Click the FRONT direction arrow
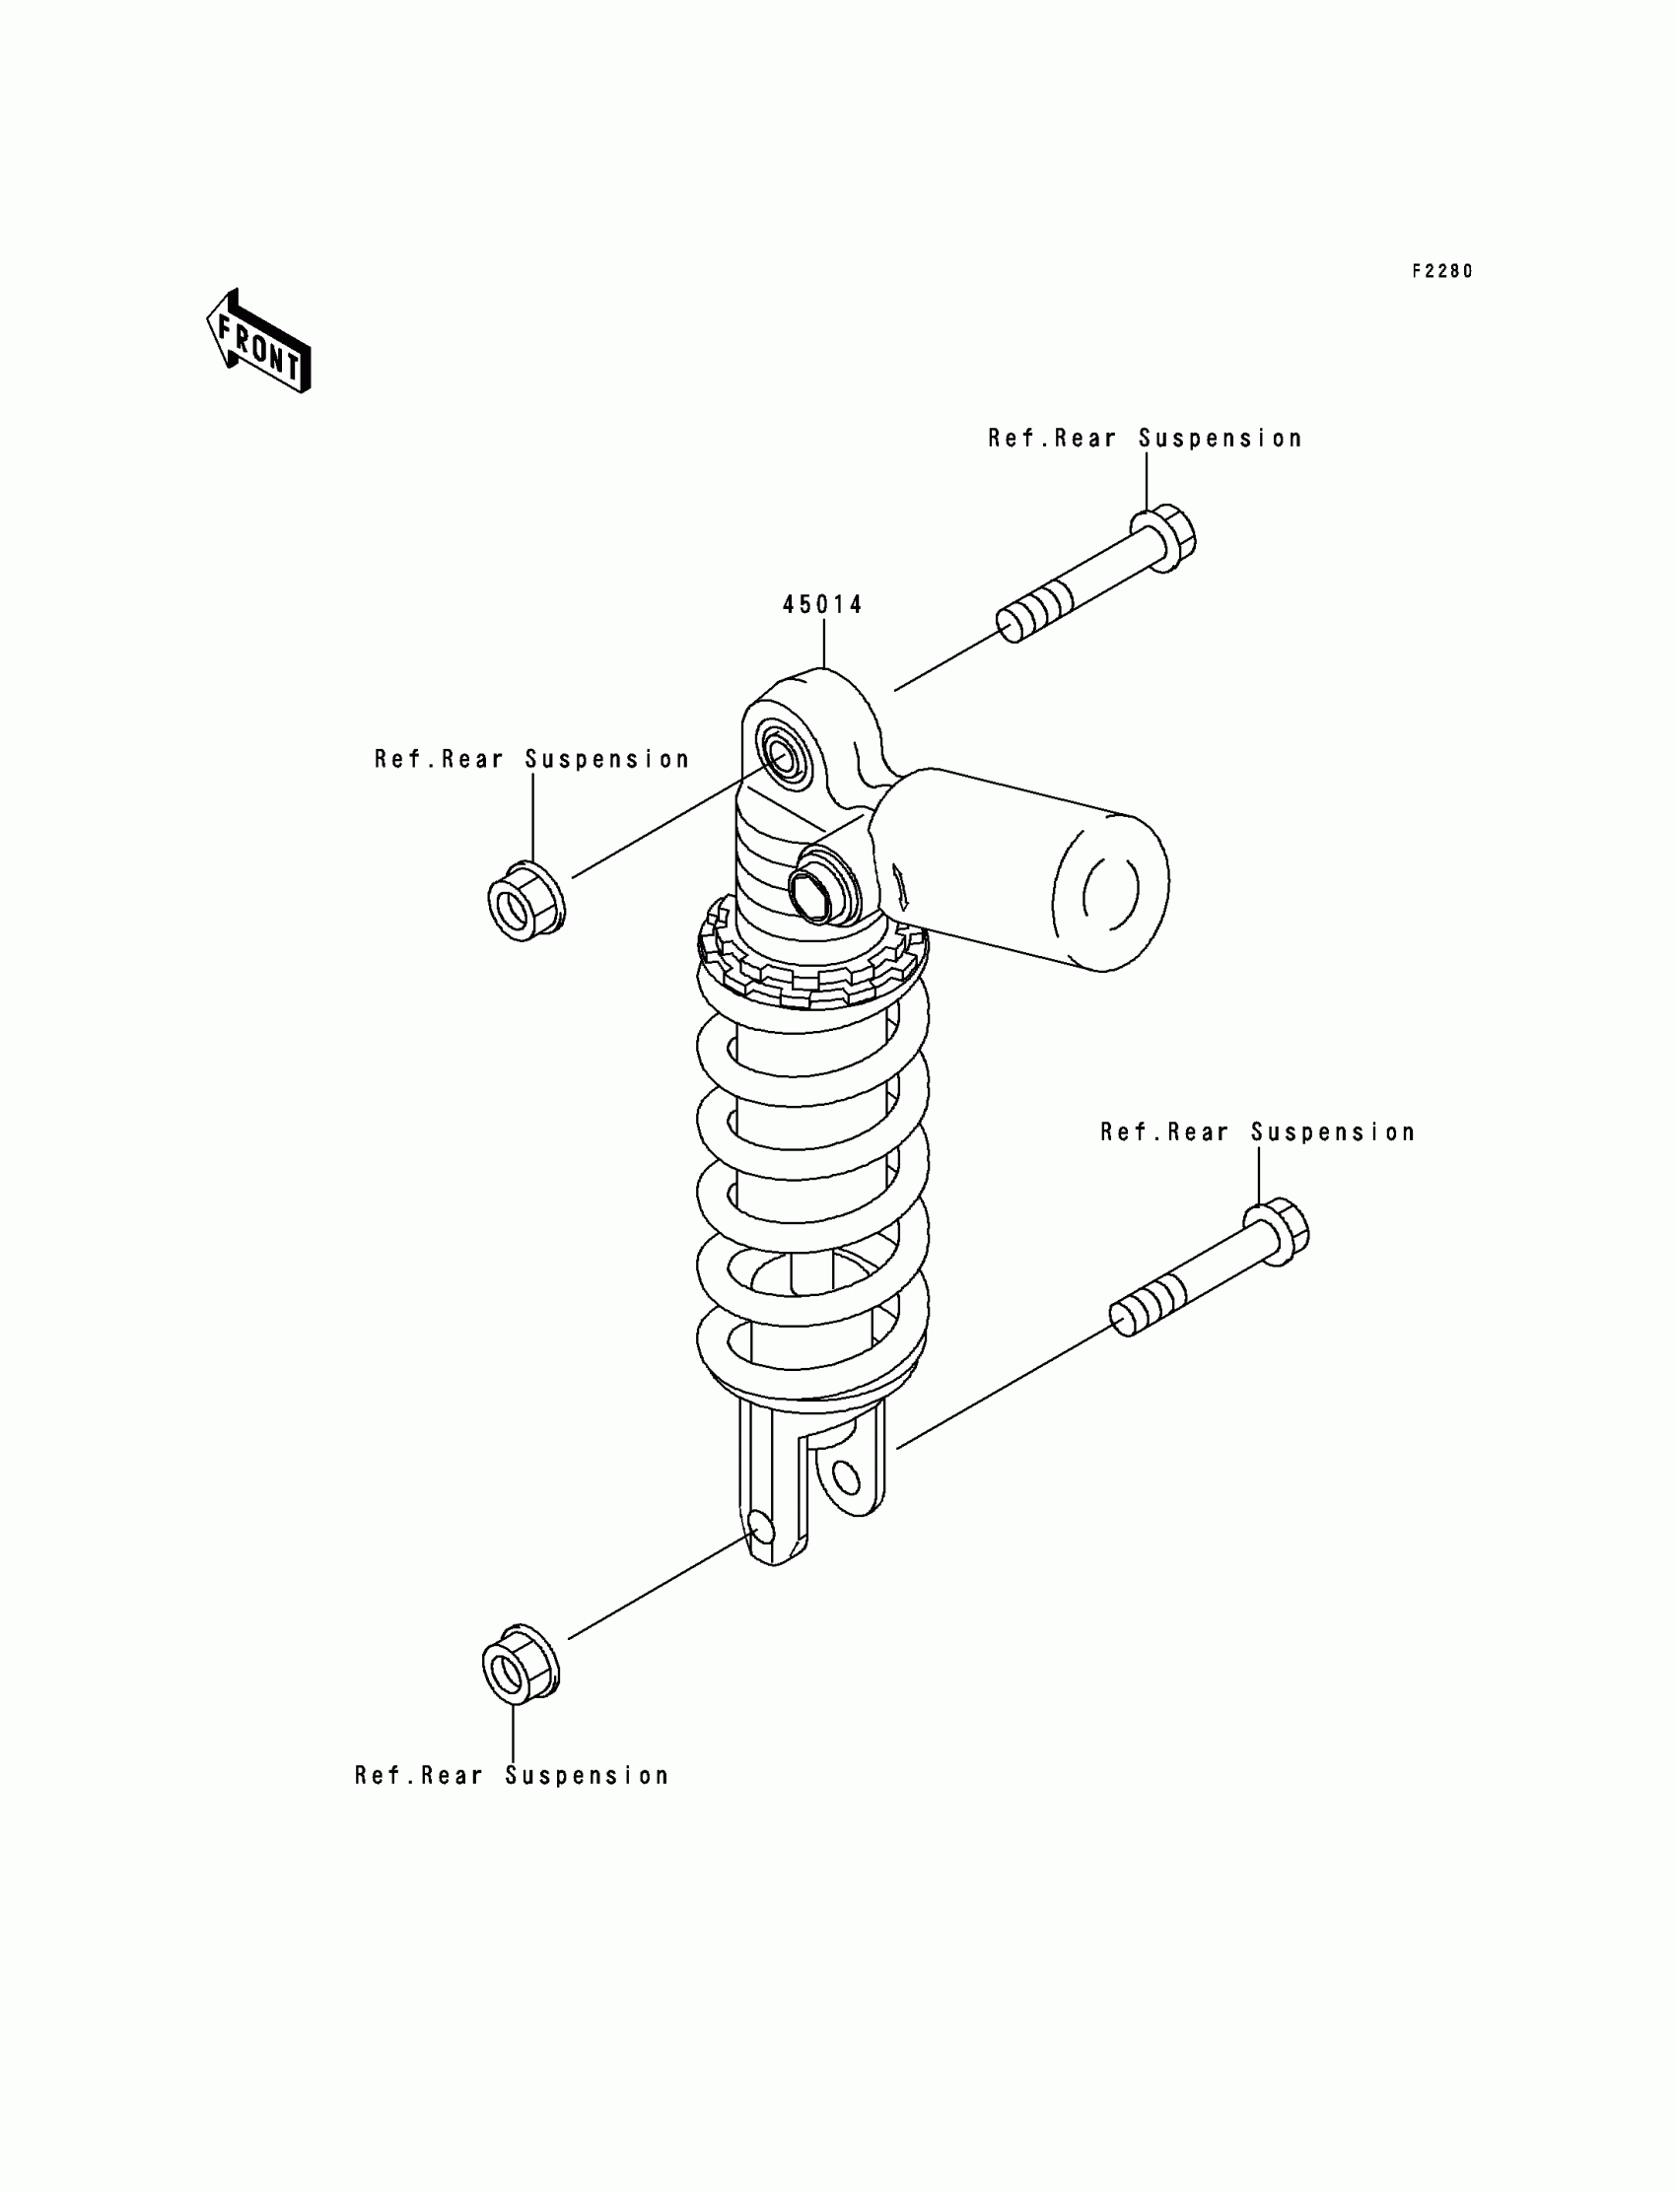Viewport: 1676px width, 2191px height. click(259, 342)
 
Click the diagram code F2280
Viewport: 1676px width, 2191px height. click(1441, 271)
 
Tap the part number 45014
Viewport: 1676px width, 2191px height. click(822, 604)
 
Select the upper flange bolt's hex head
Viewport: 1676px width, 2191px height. click(1165, 539)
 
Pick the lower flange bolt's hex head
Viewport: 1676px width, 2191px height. click(1278, 1234)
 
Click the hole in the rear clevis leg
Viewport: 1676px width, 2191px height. click(846, 1477)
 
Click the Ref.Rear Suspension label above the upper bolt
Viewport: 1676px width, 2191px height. click(1146, 439)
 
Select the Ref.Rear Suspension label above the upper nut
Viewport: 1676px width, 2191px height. click(531, 760)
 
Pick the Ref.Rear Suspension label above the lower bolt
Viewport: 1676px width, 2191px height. click(1257, 1132)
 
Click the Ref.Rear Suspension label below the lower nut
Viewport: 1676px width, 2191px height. click(512, 1776)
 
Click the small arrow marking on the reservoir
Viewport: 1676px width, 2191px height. click(901, 882)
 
